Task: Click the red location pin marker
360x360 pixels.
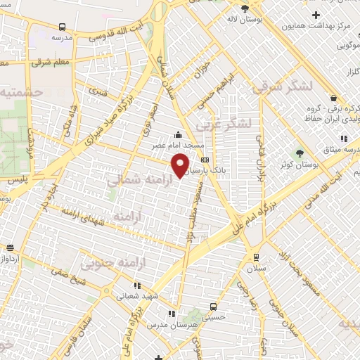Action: tap(181, 165)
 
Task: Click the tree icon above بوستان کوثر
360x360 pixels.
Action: tap(300, 153)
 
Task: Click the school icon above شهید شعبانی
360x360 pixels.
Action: tap(136, 285)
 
